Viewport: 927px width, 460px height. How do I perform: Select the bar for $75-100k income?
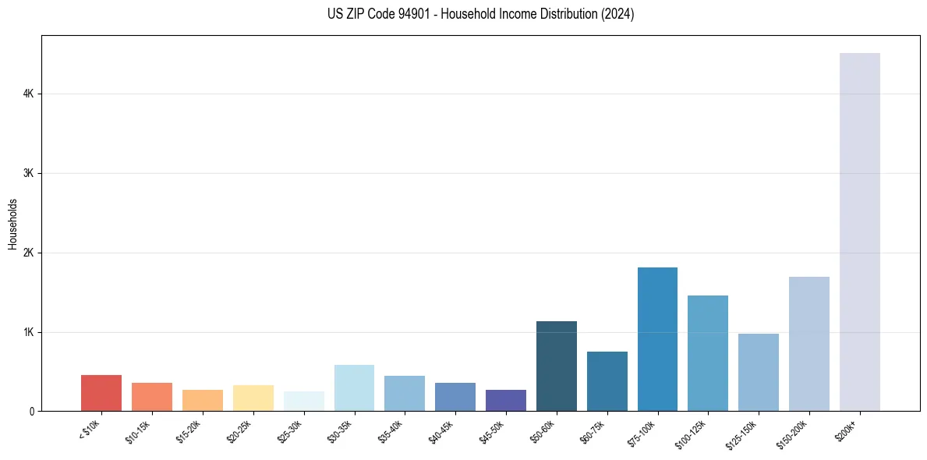pyautogui.click(x=657, y=339)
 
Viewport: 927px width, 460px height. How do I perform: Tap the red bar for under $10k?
pyautogui.click(x=101, y=393)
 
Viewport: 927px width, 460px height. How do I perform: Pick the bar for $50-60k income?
pyautogui.click(x=557, y=366)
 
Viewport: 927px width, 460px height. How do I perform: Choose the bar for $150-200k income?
pyautogui.click(x=808, y=344)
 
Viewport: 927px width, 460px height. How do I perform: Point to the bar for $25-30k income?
pyautogui.click(x=303, y=402)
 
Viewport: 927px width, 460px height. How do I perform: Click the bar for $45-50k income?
pyautogui.click(x=505, y=401)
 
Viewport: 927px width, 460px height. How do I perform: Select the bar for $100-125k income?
pyautogui.click(x=708, y=353)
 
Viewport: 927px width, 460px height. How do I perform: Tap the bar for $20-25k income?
pyautogui.click(x=253, y=398)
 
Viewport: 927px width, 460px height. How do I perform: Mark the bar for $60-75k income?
pyautogui.click(x=607, y=381)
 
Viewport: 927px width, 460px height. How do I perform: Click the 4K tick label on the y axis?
pyautogui.click(x=29, y=94)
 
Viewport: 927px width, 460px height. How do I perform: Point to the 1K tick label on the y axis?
pyautogui.click(x=29, y=332)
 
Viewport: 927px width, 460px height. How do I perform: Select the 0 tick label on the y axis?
pyautogui.click(x=31, y=412)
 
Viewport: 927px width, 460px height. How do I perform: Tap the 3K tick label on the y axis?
pyautogui.click(x=29, y=173)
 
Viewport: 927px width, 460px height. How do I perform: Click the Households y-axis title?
pyautogui.click(x=12, y=224)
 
